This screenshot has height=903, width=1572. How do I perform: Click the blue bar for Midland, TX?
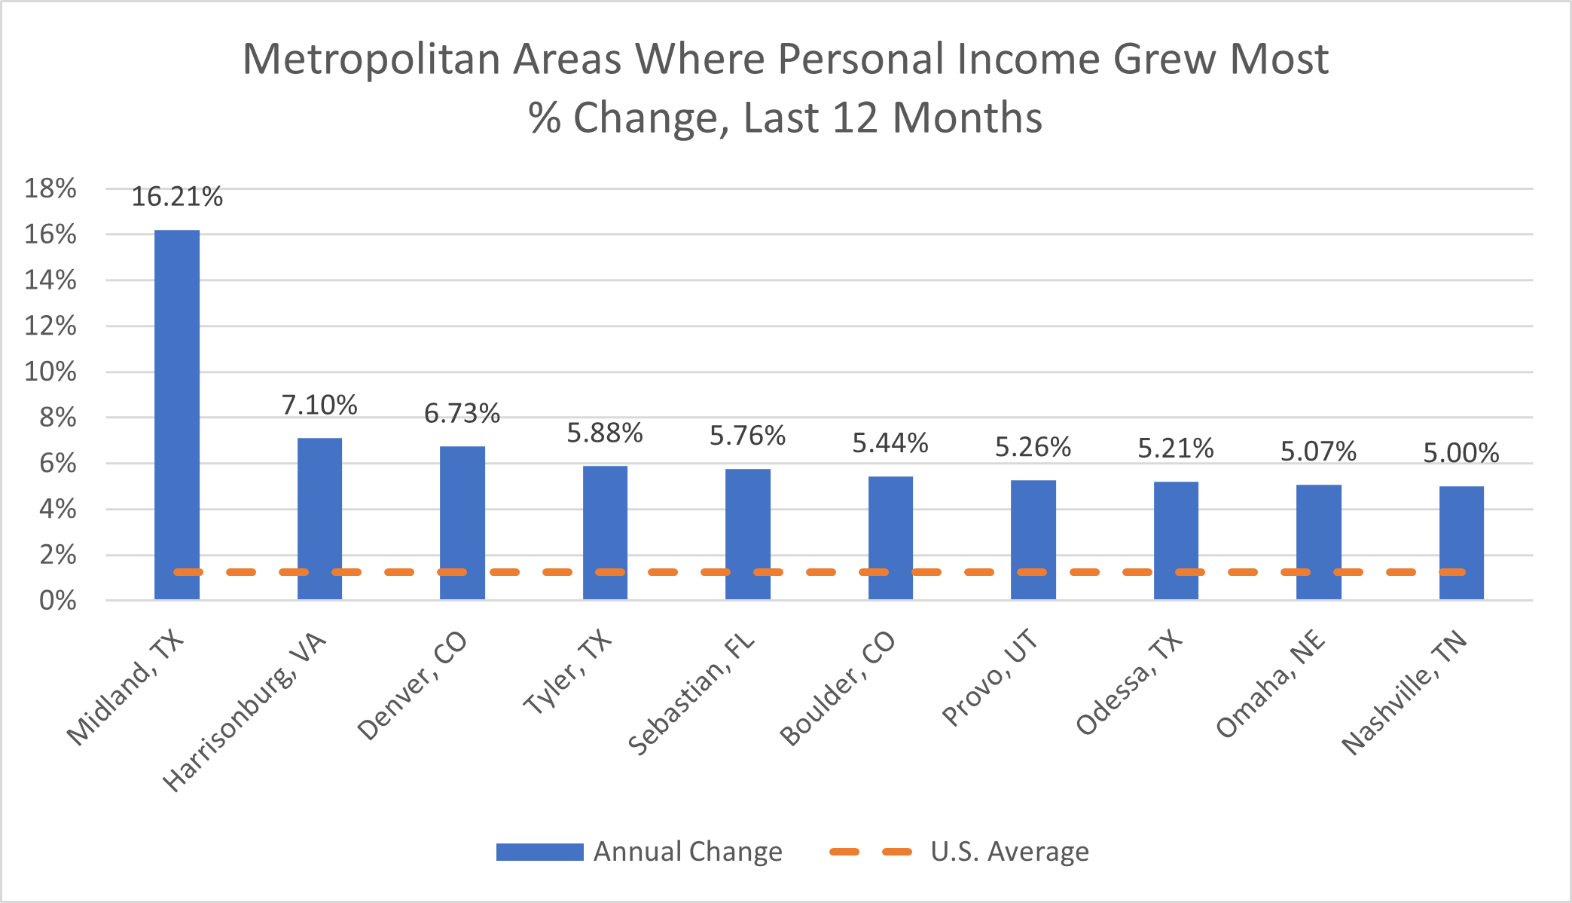177,415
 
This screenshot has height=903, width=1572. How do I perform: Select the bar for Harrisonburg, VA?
319,519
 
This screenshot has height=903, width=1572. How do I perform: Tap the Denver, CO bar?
462,523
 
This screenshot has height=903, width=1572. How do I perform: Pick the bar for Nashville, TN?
1461,543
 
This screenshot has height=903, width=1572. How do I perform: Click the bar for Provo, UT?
1033,540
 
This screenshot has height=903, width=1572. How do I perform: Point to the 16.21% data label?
177,197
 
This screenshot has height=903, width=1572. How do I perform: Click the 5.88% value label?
605,433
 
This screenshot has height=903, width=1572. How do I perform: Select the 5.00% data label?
1461,453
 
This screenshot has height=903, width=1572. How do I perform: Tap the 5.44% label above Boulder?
890,443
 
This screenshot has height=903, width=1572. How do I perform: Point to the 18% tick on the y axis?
50,188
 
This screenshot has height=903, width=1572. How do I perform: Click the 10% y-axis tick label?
50,372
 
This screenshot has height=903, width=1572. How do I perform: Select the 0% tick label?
57,601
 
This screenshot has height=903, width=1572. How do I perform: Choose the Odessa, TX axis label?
1129,683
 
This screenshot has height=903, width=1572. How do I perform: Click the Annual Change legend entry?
639,852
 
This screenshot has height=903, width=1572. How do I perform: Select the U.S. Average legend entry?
959,852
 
